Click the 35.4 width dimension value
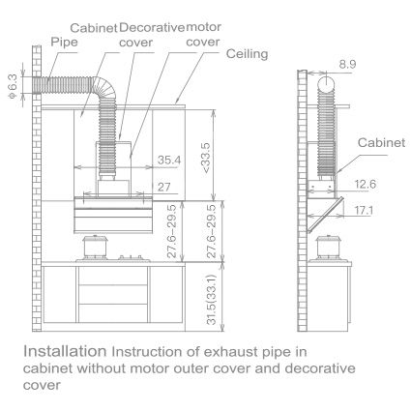pyautogui.click(x=169, y=160)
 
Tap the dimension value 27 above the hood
pyautogui.click(x=163, y=187)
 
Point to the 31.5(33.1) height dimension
pyautogui.click(x=211, y=300)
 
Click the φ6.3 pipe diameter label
pyautogui.click(x=13, y=85)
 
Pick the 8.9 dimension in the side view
pyautogui.click(x=347, y=64)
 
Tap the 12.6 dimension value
pyautogui.click(x=366, y=184)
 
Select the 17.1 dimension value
pyautogui.click(x=364, y=211)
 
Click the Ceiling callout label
pyautogui.click(x=247, y=54)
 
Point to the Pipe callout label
pyautogui.click(x=64, y=42)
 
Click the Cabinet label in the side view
pyautogui.click(x=381, y=142)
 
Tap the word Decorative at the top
pyautogui.click(x=152, y=28)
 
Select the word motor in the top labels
pyautogui.click(x=203, y=27)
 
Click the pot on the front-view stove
pyautogui.click(x=96, y=248)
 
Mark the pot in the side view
pyautogui.click(x=328, y=249)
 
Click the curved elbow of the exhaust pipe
pyautogui.click(x=104, y=87)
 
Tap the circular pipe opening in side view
pyautogui.click(x=328, y=82)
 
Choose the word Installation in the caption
pyautogui.click(x=65, y=351)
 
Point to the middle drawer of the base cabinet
pyautogui.click(x=113, y=294)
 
